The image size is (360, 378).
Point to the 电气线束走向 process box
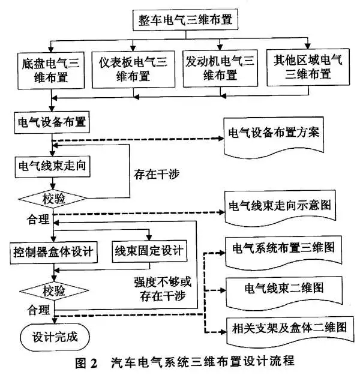point(53,166)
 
